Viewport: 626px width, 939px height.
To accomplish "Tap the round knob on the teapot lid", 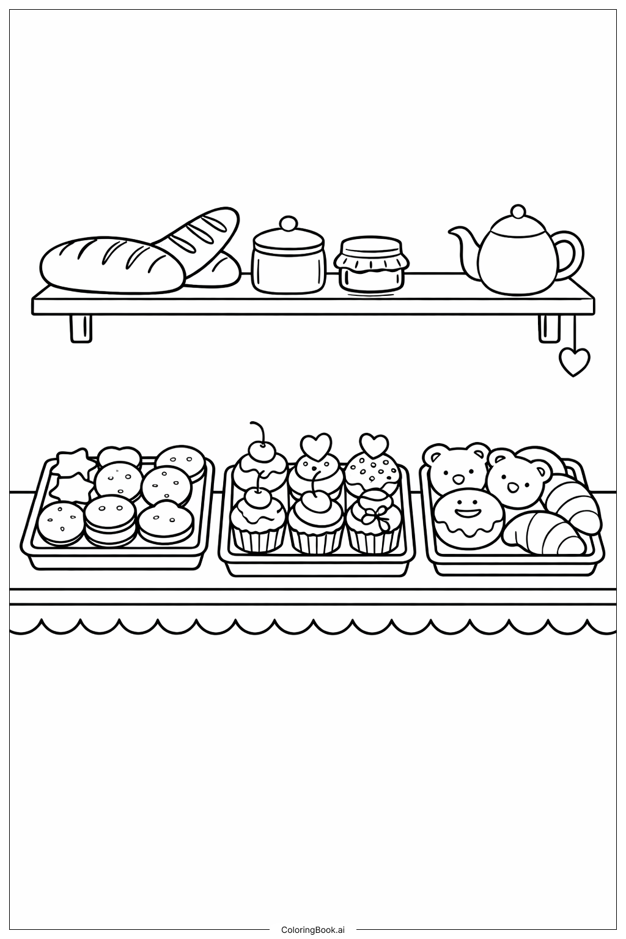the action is coord(518,211).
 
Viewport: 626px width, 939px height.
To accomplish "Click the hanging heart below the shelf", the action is coord(574,362).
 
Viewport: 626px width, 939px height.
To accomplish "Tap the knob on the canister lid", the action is coord(288,223).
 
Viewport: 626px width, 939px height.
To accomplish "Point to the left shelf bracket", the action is coord(81,329).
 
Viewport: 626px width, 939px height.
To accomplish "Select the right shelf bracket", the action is coord(549,329).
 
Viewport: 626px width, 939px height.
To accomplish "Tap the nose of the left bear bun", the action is coord(457,478).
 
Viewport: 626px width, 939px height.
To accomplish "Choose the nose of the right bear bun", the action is coord(512,487).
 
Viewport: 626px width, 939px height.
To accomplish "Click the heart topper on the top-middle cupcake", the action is coord(316,446).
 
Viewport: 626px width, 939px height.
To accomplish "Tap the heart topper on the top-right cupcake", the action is coord(374,445).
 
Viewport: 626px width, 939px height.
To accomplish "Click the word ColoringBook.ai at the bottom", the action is coord(313,930).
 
